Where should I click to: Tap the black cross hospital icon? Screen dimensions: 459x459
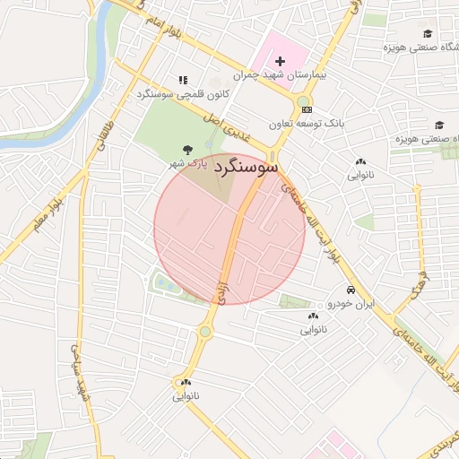[x=279, y=60]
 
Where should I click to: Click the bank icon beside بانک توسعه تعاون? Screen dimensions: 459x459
[x=306, y=121]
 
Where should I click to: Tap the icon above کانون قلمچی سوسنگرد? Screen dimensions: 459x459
[x=184, y=80]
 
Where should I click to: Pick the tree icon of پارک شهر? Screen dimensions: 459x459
[x=186, y=150]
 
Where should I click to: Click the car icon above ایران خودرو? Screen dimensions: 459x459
[x=350, y=290]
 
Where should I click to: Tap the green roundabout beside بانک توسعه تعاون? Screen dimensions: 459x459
[x=305, y=102]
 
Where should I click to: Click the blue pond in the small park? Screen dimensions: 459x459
[x=163, y=284]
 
